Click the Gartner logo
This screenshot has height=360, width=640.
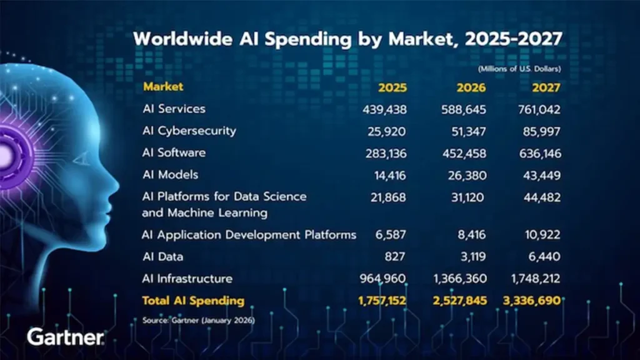point(65,337)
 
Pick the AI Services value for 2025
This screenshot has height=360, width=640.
point(384,109)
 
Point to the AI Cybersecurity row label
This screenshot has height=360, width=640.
point(189,131)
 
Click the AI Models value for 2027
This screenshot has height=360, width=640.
point(541,174)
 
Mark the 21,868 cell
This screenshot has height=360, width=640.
point(387,197)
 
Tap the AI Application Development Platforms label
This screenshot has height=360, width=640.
point(249,235)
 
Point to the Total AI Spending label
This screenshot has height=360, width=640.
point(193,301)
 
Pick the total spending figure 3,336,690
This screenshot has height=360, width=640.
point(531,301)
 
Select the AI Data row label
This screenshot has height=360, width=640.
point(162,257)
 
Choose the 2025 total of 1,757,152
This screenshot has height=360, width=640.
point(382,301)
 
